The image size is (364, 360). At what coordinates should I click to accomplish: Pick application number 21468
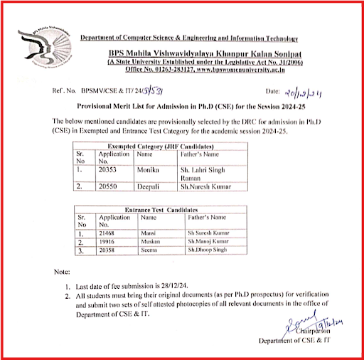pyautogui.click(x=108, y=233)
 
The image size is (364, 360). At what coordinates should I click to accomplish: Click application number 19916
pyautogui.click(x=108, y=242)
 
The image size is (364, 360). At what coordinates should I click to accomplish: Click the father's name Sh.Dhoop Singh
pyautogui.click(x=206, y=250)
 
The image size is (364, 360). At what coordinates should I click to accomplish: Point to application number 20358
pyautogui.click(x=108, y=250)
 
